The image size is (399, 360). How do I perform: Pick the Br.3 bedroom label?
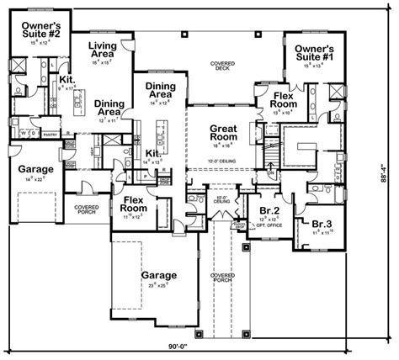[x=321, y=224]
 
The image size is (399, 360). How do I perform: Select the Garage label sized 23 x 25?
[x=158, y=276]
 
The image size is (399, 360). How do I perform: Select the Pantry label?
[x=49, y=134]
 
